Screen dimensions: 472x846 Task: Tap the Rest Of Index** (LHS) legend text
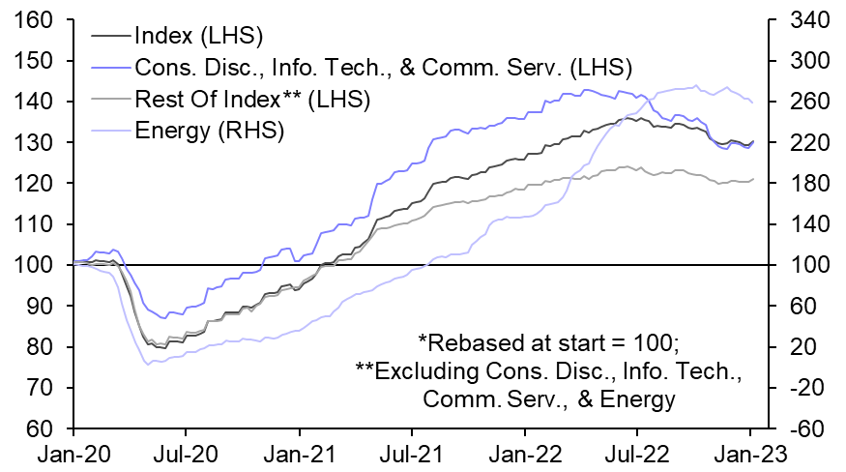(x=253, y=99)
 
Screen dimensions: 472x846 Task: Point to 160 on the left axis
(x=34, y=19)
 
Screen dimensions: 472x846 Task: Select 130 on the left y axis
(x=34, y=142)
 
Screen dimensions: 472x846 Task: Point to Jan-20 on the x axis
(x=73, y=451)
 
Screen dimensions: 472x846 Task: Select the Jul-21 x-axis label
(x=412, y=451)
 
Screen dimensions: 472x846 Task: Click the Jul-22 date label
(x=637, y=451)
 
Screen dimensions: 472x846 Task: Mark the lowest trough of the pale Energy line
(x=147, y=364)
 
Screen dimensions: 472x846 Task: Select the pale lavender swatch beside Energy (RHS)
(x=112, y=130)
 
